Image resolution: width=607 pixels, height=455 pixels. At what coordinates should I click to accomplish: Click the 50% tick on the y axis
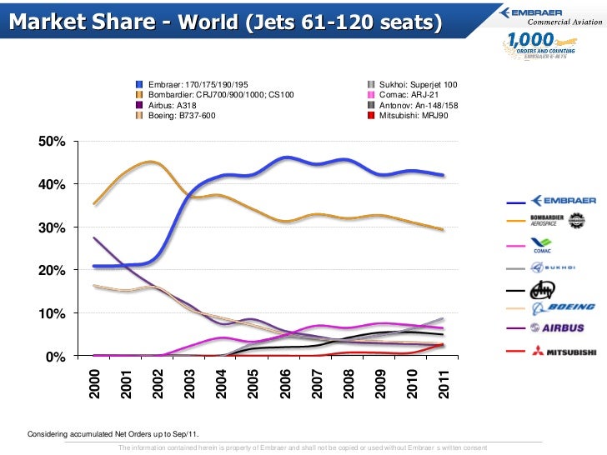pyautogui.click(x=52, y=141)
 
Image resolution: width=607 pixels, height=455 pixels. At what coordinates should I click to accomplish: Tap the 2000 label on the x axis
pyautogui.click(x=94, y=382)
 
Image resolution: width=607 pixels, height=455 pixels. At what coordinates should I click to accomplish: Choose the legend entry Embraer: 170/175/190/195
pyautogui.click(x=197, y=85)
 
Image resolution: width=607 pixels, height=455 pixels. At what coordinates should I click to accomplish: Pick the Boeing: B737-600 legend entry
pyautogui.click(x=181, y=116)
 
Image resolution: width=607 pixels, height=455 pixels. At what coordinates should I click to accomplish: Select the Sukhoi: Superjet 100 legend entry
pyautogui.click(x=417, y=85)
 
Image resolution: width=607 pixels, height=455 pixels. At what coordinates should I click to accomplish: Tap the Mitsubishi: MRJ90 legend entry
pyautogui.click(x=414, y=116)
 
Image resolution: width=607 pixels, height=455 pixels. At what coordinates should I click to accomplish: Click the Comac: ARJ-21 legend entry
pyautogui.click(x=408, y=95)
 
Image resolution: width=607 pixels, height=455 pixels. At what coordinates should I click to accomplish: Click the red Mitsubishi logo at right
pyautogui.click(x=567, y=352)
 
